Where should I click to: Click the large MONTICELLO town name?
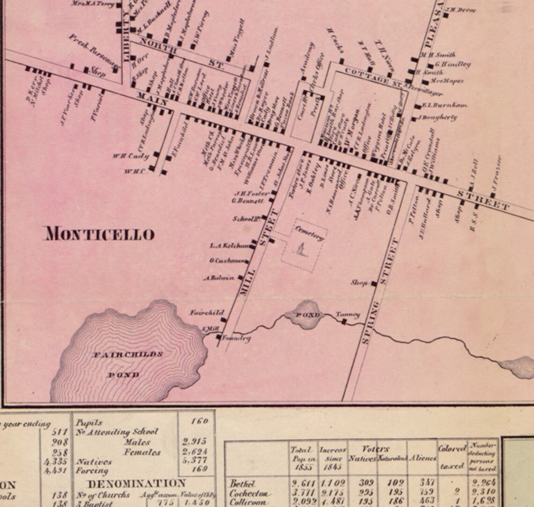[x=99, y=234]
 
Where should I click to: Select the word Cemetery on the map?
[x=309, y=233]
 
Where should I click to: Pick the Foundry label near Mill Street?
[x=236, y=338]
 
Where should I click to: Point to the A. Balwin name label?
[x=219, y=278]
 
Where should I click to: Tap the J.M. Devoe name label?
[x=461, y=10]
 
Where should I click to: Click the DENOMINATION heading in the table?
[x=136, y=483]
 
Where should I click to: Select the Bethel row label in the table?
[x=242, y=483]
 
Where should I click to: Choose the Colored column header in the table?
[x=452, y=448]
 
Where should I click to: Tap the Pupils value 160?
[x=199, y=421]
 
